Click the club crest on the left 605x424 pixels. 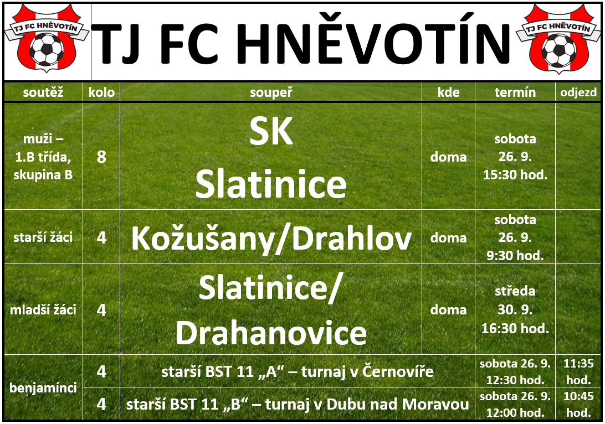[x=47, y=38]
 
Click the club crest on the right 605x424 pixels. [x=558, y=38]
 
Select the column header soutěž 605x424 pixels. [x=43, y=92]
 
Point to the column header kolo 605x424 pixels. [x=101, y=92]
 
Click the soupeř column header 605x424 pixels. [x=271, y=92]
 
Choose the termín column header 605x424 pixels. [x=515, y=92]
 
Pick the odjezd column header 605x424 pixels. [x=578, y=92]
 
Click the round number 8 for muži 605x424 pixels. [x=101, y=157]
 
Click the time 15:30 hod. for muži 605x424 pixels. [x=515, y=175]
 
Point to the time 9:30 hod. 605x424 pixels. [x=515, y=256]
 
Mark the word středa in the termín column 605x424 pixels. [x=515, y=291]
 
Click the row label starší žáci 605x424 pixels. [x=43, y=237]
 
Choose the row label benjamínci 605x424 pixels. [x=43, y=387]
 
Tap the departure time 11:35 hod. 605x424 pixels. [x=578, y=371]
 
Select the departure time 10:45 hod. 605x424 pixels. [x=578, y=404]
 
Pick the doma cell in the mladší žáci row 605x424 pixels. [x=448, y=310]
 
